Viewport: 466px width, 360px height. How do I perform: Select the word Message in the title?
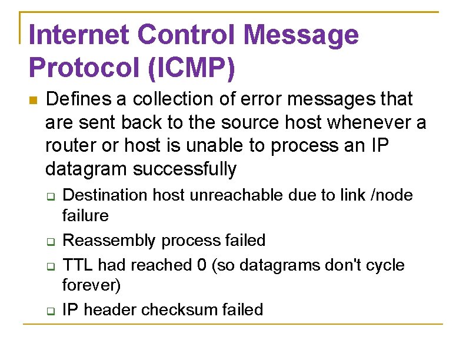(x=301, y=35)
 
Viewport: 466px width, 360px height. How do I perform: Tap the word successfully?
(x=185, y=170)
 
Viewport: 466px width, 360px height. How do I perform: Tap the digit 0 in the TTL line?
(x=202, y=265)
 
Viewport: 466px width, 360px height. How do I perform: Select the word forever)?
(x=91, y=286)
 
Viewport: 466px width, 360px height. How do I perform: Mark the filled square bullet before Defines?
(x=32, y=100)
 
